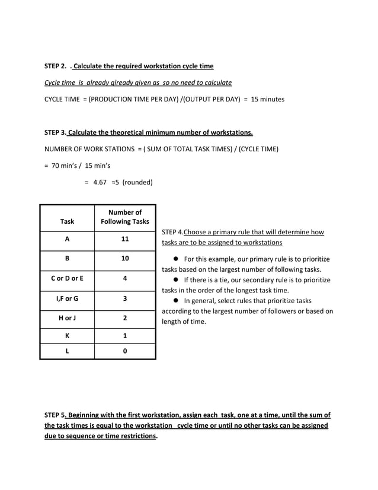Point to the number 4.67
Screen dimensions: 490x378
click(99, 182)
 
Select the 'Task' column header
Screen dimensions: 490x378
click(67, 221)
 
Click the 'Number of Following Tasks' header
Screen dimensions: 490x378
click(124, 217)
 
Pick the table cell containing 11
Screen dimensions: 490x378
click(124, 239)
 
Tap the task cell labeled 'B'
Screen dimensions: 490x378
click(67, 259)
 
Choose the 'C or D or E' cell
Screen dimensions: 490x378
click(67, 278)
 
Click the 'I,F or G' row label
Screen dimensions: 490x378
click(67, 298)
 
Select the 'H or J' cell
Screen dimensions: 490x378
click(67, 317)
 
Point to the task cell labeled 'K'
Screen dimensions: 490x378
click(67, 335)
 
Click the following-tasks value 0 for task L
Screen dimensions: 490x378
click(124, 351)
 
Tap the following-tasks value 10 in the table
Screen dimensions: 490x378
click(124, 259)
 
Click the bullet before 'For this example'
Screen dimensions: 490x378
click(176, 259)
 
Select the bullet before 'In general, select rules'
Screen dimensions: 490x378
click(176, 301)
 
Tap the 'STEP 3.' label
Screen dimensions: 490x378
click(55, 132)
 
